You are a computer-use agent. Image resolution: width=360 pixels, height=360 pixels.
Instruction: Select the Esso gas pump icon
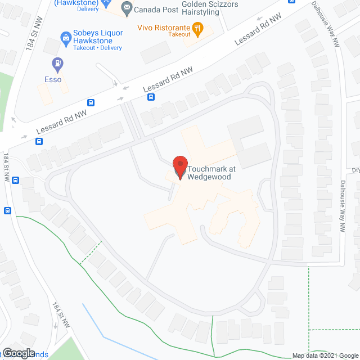pos(56,63)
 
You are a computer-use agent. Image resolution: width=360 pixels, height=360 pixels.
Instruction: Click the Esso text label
pos(53,79)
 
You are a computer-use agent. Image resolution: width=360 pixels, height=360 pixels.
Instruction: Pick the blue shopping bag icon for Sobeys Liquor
pos(65,37)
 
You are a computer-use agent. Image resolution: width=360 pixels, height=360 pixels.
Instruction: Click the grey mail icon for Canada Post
pos(127,8)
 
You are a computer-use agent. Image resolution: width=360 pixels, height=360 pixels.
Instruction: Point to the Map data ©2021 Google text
pos(325,355)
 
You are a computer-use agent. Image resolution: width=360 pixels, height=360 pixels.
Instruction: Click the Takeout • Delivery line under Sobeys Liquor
pos(97,48)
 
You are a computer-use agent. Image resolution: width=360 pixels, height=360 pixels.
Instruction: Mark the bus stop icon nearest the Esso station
pos(91,103)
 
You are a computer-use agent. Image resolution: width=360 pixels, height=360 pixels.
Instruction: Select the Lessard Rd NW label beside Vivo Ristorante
pos(256,29)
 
